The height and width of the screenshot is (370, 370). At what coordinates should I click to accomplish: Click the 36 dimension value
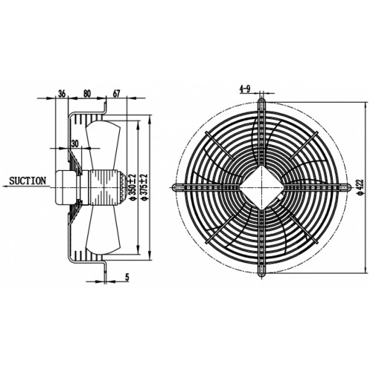(x=61, y=94)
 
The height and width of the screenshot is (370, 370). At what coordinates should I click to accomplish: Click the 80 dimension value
(x=87, y=94)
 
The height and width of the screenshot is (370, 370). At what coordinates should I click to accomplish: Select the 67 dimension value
(x=116, y=94)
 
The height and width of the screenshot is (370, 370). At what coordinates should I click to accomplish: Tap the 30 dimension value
(x=75, y=144)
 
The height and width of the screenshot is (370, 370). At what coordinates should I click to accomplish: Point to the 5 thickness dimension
(x=127, y=277)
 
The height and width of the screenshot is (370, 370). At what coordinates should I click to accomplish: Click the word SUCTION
(x=27, y=181)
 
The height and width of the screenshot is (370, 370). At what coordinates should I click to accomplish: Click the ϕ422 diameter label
(x=360, y=187)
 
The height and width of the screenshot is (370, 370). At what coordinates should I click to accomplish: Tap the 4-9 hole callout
(x=245, y=89)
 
